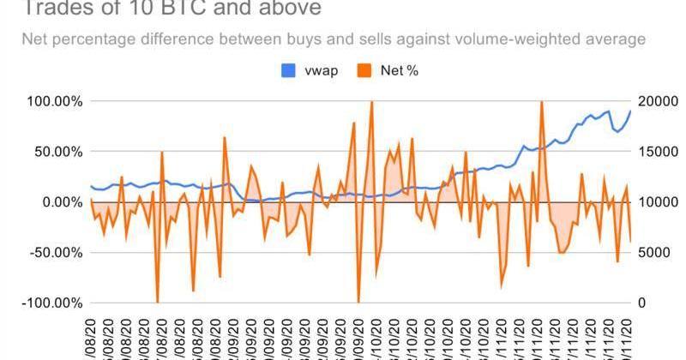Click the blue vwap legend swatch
pos(288,70)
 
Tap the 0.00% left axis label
pos(61,202)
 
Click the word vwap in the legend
pos(321,70)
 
